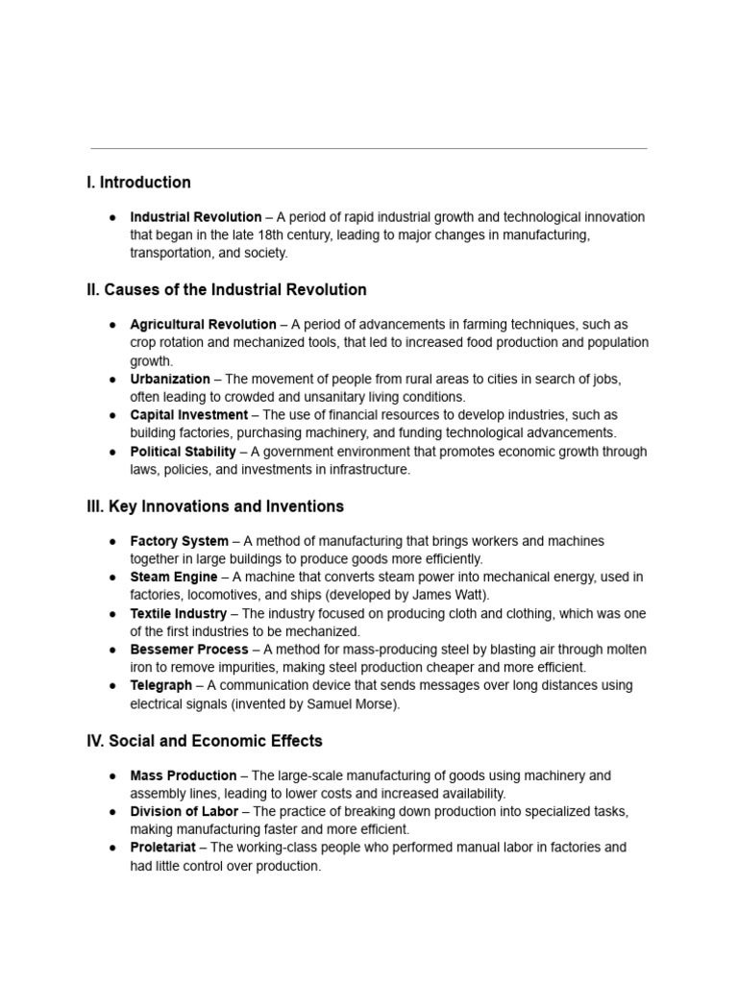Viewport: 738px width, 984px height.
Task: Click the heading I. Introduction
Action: tap(138, 183)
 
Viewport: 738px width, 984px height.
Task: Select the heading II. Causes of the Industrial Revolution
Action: tap(227, 289)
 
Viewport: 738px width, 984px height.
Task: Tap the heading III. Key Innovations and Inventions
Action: tap(215, 505)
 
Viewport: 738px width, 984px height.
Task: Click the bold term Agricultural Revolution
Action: tap(203, 325)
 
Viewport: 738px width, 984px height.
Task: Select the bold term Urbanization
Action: tap(169, 380)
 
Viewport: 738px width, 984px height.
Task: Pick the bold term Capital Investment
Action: tap(188, 415)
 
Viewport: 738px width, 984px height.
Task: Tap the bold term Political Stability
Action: tap(183, 452)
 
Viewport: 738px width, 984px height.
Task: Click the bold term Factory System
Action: tap(180, 541)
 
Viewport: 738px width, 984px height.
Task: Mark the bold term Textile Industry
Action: tap(179, 613)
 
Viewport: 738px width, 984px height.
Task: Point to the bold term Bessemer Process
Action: tap(189, 650)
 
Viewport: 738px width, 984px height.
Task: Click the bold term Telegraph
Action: tap(162, 685)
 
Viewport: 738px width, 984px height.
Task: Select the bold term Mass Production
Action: tap(184, 775)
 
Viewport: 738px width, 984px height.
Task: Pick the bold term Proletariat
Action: tap(163, 848)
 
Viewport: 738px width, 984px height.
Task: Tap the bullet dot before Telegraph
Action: tap(112, 686)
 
